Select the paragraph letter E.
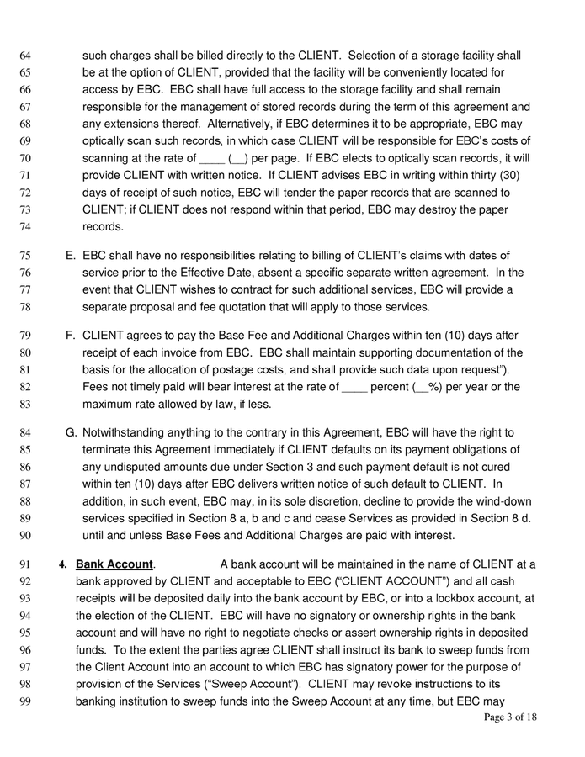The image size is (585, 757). tap(71, 256)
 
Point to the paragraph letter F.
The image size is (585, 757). tap(71, 336)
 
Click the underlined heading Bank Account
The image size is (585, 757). tap(114, 564)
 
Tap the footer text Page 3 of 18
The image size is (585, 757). tap(510, 717)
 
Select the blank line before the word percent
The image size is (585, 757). tap(355, 387)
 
